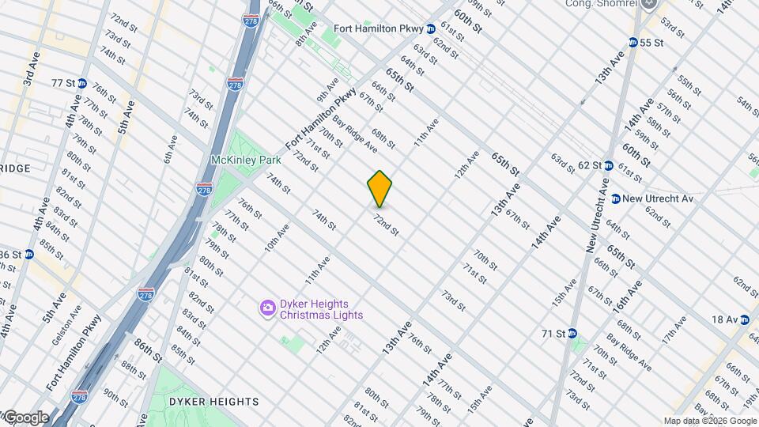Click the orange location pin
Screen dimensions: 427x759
click(380, 189)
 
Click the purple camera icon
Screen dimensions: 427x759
click(268, 307)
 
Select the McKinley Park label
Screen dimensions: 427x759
click(246, 159)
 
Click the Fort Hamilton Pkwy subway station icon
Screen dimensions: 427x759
click(431, 29)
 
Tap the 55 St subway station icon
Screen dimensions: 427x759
click(633, 42)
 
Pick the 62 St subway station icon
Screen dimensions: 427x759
click(609, 165)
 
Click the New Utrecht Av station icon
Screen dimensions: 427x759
click(614, 198)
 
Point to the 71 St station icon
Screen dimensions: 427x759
click(572, 333)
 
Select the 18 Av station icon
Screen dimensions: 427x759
click(744, 319)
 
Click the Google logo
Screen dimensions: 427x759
click(25, 418)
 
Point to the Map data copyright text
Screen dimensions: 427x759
click(710, 421)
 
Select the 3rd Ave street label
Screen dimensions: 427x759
click(30, 70)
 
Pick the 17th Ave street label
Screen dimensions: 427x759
click(674, 328)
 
